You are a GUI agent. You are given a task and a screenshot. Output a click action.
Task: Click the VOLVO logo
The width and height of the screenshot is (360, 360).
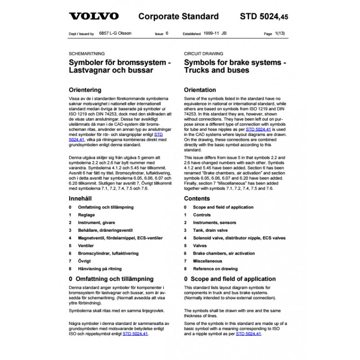[x=94, y=17]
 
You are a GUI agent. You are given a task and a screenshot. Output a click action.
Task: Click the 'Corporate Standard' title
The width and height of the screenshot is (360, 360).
[x=178, y=17]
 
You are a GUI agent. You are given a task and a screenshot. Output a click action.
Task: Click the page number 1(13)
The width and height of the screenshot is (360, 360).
[x=279, y=34]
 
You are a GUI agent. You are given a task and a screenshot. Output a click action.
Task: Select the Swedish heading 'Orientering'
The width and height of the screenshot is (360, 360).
[x=85, y=90]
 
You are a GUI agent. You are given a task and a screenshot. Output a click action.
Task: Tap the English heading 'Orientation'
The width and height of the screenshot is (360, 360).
[x=200, y=90]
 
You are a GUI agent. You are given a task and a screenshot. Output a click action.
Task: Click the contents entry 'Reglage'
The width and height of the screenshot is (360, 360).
[x=86, y=215]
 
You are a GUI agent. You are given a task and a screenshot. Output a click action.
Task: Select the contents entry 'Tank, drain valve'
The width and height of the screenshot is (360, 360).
[x=211, y=230]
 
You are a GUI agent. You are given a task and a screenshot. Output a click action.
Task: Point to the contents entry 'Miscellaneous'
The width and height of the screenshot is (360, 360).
[x=207, y=261]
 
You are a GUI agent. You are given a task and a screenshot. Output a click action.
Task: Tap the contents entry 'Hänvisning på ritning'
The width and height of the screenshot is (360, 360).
[x=100, y=269]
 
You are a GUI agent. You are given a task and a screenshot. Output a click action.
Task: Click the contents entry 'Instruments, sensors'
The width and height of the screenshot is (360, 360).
[x=214, y=222]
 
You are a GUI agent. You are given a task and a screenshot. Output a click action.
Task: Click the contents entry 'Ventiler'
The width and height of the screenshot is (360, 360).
[x=86, y=246]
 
